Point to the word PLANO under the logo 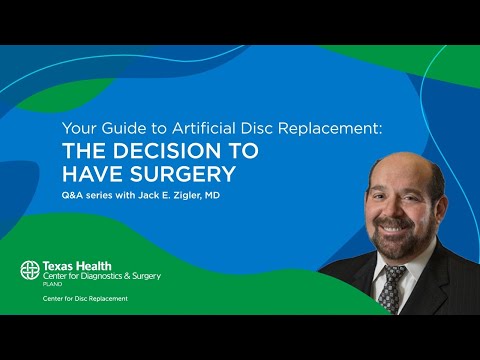52,284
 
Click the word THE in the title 84,152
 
